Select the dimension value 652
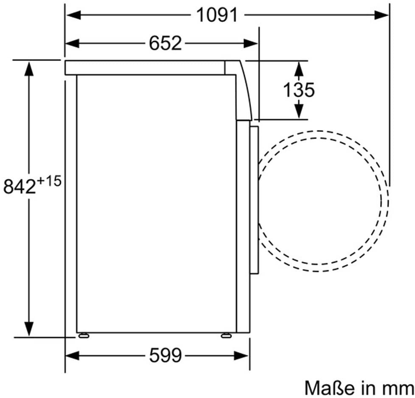(x=165, y=43)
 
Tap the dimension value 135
(x=299, y=90)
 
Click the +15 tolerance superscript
(x=50, y=181)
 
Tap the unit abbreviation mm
(x=398, y=388)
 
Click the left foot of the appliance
(x=84, y=335)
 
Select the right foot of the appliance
(x=226, y=335)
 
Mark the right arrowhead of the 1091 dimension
(x=382, y=15)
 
